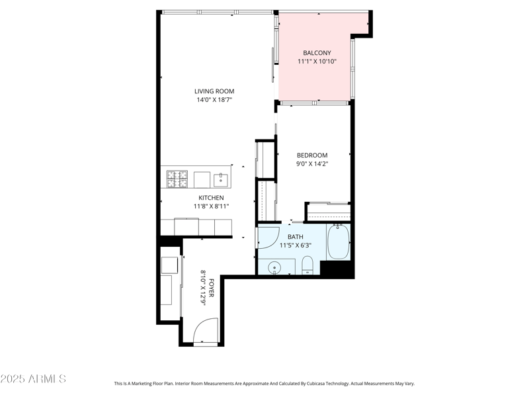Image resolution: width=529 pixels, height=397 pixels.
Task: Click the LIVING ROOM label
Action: (214, 91)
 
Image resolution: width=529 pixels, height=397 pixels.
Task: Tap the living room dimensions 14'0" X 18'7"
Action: (214, 101)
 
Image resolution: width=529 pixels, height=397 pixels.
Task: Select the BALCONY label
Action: (317, 53)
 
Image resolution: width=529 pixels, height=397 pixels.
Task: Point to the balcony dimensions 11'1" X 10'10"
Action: (317, 62)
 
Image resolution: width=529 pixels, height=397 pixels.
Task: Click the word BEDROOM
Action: (311, 155)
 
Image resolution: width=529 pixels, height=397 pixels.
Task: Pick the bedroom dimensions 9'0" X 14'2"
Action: (311, 164)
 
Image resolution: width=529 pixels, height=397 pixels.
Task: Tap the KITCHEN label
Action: (211, 198)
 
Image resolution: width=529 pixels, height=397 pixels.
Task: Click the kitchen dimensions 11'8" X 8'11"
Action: (211, 206)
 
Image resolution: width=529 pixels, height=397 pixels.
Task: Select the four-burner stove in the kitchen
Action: (177, 178)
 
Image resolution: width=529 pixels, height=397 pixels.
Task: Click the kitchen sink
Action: (221, 179)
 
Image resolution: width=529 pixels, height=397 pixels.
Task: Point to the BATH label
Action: (296, 236)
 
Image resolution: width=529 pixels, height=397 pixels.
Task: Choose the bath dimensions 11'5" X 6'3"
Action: (296, 245)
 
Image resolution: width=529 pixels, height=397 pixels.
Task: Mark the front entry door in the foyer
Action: (206, 330)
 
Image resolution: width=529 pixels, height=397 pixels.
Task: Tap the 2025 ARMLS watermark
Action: (33, 379)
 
